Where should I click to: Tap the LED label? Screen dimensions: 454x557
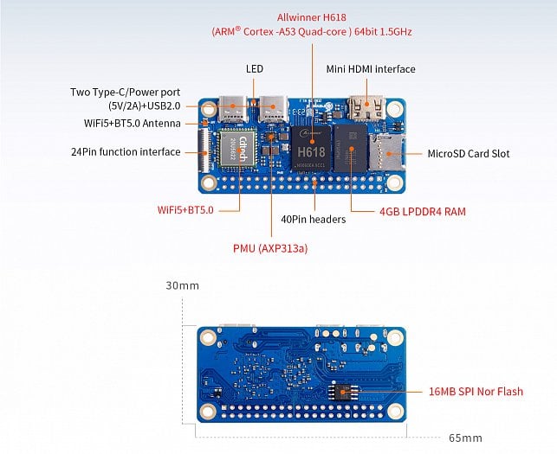[254, 68]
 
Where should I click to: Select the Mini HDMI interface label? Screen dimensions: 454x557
[370, 69]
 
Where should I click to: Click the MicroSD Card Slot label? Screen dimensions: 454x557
[469, 154]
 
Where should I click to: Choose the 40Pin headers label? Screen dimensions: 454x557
[313, 220]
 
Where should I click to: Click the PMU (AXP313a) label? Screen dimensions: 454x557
[270, 248]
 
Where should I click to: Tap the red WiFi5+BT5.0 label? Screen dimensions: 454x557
[185, 210]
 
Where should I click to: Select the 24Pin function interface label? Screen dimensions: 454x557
[126, 152]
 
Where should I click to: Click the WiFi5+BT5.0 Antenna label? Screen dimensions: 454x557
[133, 124]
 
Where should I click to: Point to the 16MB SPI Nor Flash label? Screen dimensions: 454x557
[475, 392]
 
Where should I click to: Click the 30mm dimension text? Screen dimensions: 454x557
[182, 285]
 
